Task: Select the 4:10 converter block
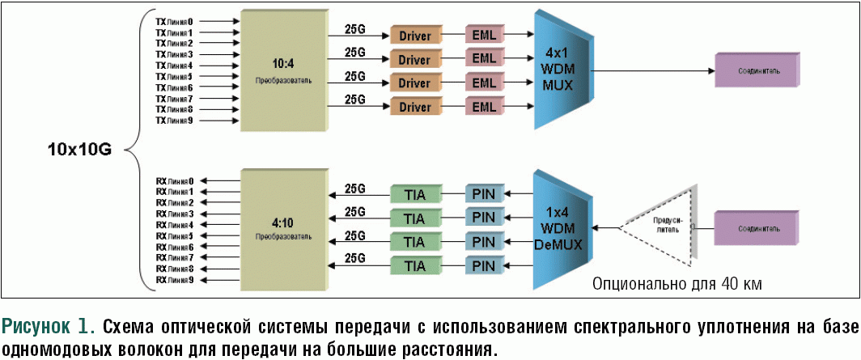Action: (x=283, y=229)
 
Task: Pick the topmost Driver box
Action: (x=414, y=36)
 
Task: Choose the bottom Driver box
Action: (x=414, y=107)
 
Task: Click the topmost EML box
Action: (x=483, y=36)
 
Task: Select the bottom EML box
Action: (x=483, y=107)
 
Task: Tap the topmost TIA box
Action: (x=414, y=194)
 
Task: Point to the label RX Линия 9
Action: (x=175, y=280)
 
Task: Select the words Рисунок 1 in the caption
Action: (x=50, y=328)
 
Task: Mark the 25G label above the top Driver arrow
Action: (x=354, y=28)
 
